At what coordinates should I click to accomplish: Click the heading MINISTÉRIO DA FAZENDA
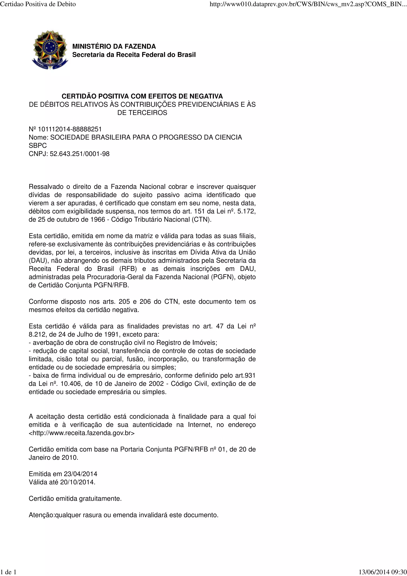tap(114, 47)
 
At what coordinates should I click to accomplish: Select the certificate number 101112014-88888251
tap(70, 129)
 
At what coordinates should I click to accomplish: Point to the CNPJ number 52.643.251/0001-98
tap(79, 154)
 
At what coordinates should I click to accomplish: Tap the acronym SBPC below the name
tap(38, 145)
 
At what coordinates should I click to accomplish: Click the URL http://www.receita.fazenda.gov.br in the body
tap(82, 433)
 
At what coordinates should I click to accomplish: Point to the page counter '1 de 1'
tap(8, 572)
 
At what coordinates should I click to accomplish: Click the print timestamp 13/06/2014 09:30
tap(382, 572)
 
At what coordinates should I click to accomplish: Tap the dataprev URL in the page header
tap(308, 4)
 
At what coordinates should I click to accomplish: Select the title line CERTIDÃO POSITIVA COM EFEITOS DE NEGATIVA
tap(142, 96)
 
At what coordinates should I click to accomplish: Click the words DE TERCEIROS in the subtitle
tap(142, 113)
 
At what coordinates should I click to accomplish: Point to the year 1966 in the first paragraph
tap(98, 219)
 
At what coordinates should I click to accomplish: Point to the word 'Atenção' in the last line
tap(41, 515)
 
